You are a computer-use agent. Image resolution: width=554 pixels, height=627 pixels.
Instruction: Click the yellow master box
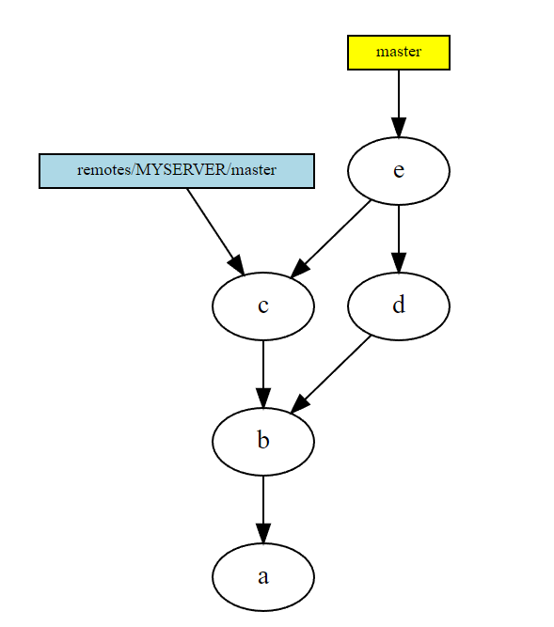pyautogui.click(x=399, y=53)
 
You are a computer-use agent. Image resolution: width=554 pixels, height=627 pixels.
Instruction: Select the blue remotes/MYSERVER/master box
pyautogui.click(x=176, y=171)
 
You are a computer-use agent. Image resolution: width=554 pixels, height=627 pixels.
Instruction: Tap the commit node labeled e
pyautogui.click(x=399, y=171)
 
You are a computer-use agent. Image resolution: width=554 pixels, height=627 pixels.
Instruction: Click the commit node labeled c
pyautogui.click(x=263, y=306)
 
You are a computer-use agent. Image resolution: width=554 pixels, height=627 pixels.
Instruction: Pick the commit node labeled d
pyautogui.click(x=399, y=306)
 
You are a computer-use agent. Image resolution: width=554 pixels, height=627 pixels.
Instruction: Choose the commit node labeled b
pyautogui.click(x=263, y=441)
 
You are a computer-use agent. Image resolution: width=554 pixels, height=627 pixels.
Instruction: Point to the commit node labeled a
pyautogui.click(x=263, y=576)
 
